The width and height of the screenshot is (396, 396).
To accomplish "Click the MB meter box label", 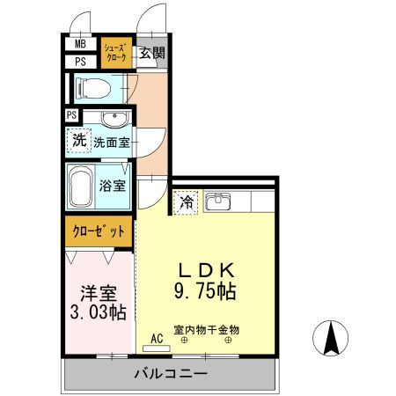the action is click(x=80, y=44).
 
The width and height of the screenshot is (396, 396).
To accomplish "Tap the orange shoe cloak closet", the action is click(x=116, y=53).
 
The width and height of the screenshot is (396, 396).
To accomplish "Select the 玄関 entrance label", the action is click(x=151, y=53).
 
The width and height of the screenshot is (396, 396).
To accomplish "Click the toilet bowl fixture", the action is click(x=92, y=88).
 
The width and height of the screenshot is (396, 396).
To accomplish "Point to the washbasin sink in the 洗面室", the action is click(x=114, y=119).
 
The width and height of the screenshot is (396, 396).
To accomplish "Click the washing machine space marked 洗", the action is click(x=79, y=140).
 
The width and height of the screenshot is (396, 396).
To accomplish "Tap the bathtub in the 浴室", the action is click(x=81, y=187).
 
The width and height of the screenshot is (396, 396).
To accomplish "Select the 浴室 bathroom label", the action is click(x=113, y=186).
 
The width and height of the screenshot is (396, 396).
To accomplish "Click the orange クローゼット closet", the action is click(x=99, y=231).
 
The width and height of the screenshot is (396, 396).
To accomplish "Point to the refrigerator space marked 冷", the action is click(x=186, y=202).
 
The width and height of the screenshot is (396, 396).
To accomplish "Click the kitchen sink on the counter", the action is click(x=217, y=202).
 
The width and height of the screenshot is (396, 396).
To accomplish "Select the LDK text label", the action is click(x=207, y=270).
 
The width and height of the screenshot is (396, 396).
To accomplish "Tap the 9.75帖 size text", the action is click(x=205, y=290).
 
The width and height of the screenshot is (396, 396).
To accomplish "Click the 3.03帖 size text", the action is click(x=99, y=312).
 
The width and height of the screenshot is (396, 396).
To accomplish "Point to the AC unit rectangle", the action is click(x=157, y=348).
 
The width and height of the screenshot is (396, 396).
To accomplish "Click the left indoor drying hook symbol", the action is click(x=185, y=341).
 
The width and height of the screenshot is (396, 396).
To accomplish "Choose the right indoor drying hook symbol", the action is click(x=228, y=341).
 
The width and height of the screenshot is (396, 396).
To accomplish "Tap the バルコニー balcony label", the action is click(x=171, y=374).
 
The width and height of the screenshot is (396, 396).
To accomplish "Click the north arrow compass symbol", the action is click(x=331, y=338).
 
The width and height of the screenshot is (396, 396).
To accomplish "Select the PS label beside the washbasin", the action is click(x=71, y=114).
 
